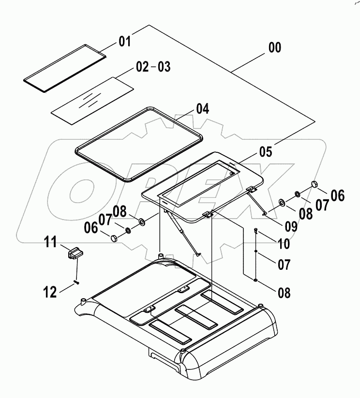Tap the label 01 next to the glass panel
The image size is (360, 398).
tap(125, 42)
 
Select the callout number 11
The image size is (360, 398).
tap(51, 242)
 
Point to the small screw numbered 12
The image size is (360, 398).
tap(76, 281)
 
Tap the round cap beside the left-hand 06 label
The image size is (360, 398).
tap(114, 237)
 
